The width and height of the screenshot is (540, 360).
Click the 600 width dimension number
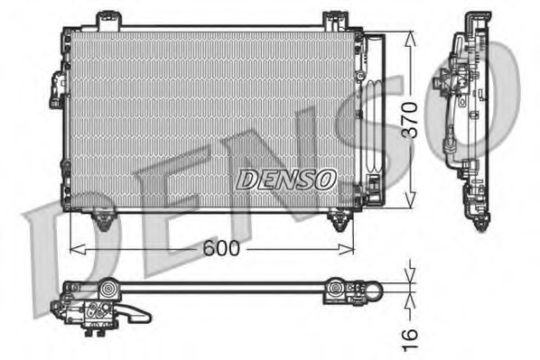click(x=221, y=247)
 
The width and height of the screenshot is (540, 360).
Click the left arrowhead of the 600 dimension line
click(x=74, y=247)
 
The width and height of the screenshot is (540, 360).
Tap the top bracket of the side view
click(x=477, y=20)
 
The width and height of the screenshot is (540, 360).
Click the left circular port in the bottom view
click(x=108, y=290)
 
